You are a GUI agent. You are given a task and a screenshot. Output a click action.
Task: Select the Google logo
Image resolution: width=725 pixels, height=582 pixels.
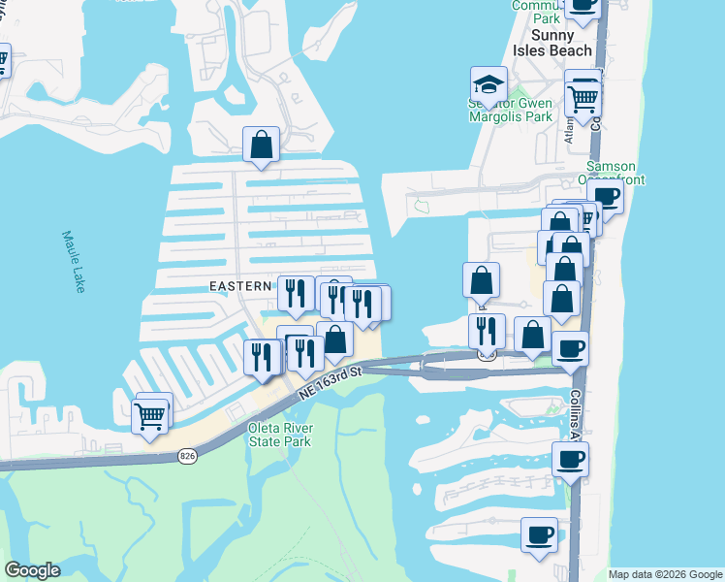click(32, 570)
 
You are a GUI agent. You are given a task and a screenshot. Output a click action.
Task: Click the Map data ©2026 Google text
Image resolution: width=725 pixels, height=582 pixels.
click(665, 574)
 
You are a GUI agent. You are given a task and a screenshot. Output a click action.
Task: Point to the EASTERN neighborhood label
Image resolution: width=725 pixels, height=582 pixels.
click(241, 286)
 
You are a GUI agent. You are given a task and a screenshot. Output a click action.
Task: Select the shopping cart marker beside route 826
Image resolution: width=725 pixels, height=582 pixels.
click(150, 415)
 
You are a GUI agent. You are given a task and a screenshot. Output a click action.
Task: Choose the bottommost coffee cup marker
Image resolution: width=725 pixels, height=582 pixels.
click(539, 533)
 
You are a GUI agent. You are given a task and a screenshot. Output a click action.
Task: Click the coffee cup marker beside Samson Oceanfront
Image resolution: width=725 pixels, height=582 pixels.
click(607, 195)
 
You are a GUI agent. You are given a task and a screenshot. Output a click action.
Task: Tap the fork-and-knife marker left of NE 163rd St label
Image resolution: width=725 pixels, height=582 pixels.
click(262, 356)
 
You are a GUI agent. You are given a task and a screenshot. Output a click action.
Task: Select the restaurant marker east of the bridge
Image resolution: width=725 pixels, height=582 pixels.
click(487, 330)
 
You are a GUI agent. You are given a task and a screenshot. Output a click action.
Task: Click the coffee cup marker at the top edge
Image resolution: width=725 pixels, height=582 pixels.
click(583, 5)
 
